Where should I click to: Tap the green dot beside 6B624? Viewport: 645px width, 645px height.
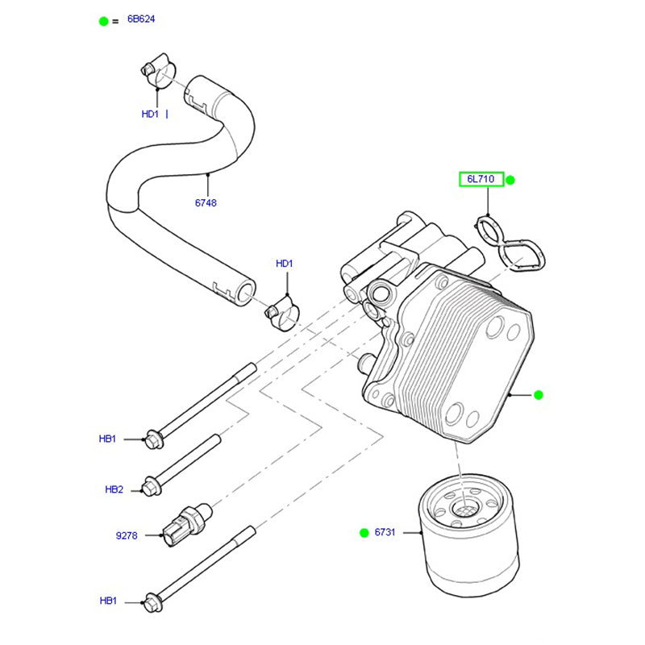[103, 21]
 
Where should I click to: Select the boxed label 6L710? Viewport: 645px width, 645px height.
[481, 179]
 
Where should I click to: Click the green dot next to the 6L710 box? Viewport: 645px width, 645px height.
[510, 180]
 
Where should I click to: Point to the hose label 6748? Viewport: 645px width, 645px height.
[206, 203]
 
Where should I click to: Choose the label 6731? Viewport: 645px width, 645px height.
[385, 532]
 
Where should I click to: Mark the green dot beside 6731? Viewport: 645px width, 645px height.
[363, 532]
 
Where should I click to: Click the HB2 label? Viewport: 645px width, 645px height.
[114, 489]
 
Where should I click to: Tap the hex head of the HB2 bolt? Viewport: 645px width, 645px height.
[151, 488]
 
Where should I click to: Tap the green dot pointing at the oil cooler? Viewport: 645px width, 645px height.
[539, 394]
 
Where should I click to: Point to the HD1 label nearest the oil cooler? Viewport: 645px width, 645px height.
[285, 264]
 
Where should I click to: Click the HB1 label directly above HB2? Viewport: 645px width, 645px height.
[108, 439]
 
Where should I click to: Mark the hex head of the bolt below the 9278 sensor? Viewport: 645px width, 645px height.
[150, 601]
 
